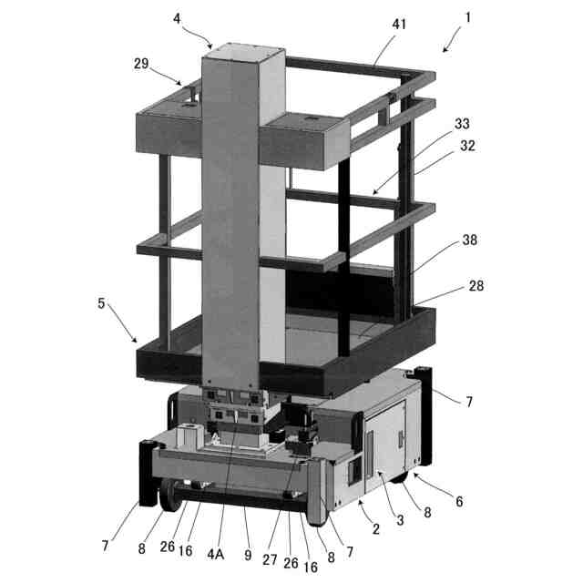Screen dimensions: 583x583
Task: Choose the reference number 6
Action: [x=459, y=501]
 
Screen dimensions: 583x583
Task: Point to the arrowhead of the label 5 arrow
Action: [x=138, y=341]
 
